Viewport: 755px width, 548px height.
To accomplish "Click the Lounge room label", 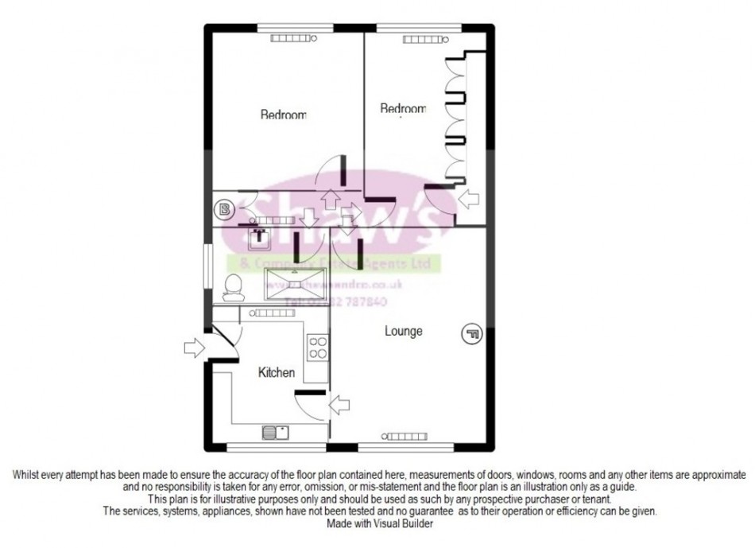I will tap(405, 331).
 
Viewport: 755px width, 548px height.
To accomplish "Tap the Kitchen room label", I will tap(277, 372).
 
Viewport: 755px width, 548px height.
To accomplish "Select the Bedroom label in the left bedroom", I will tap(283, 115).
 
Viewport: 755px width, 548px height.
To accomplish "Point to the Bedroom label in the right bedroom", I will tap(402, 109).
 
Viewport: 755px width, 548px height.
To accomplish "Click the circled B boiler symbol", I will tap(225, 211).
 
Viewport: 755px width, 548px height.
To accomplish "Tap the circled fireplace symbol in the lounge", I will tap(472, 335).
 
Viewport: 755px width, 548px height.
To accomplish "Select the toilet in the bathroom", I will tap(233, 287).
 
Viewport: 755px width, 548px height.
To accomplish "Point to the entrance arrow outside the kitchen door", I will tap(192, 348).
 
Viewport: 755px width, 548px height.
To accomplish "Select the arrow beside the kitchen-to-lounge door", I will tap(339, 404).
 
